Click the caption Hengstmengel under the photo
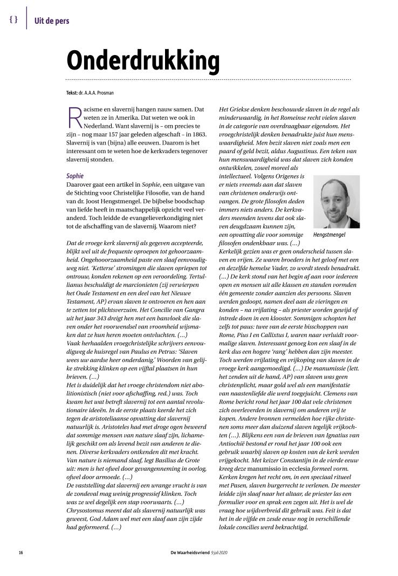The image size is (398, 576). [x=329, y=235]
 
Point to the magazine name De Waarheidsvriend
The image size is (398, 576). [x=188, y=553]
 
